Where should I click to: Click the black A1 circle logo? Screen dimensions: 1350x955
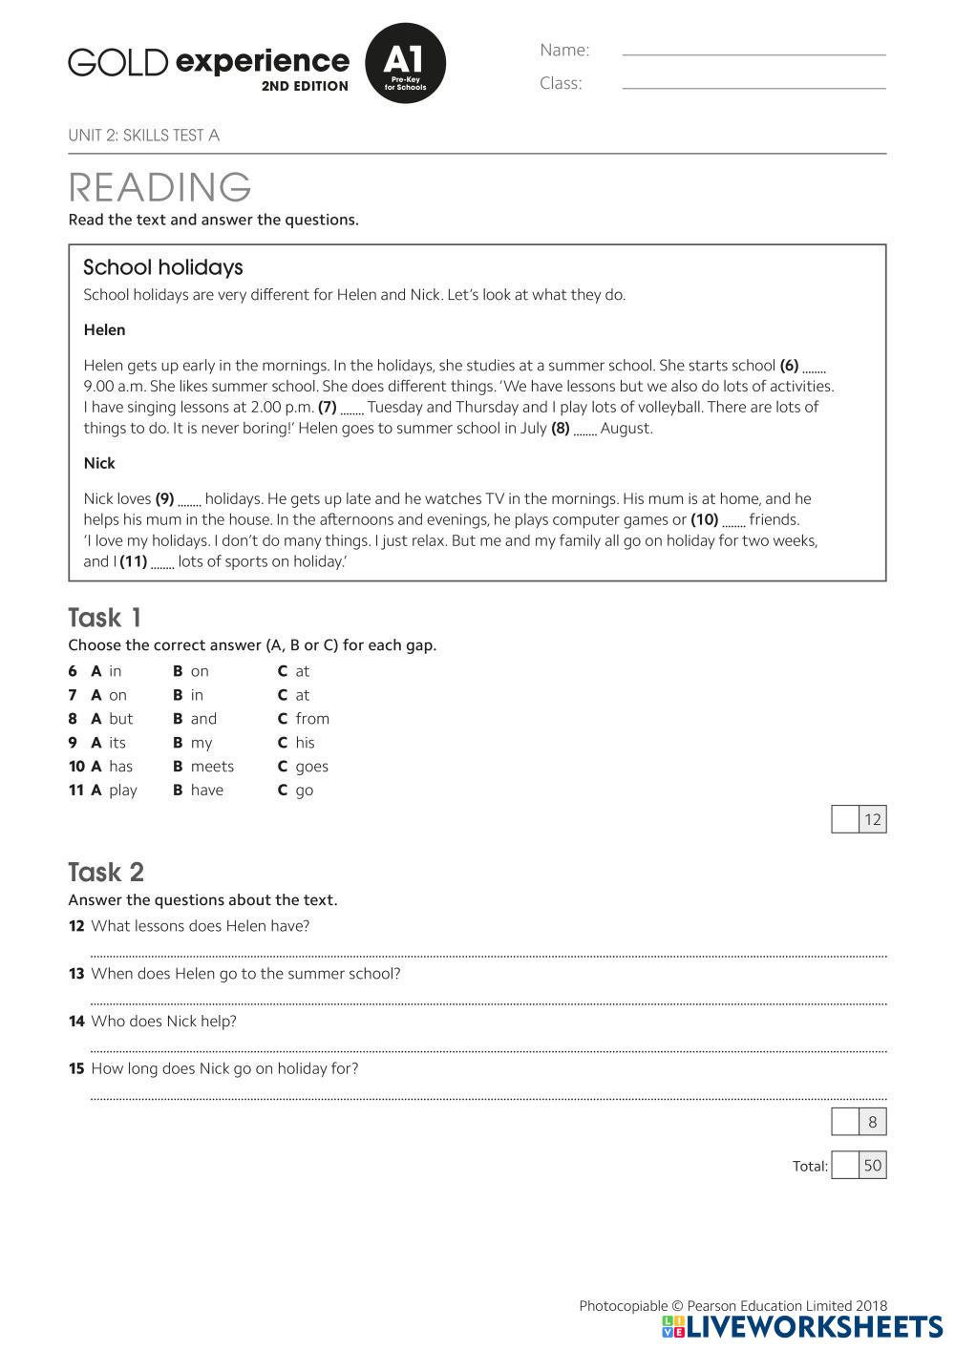(x=405, y=63)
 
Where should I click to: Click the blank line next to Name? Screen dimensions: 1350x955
(x=753, y=53)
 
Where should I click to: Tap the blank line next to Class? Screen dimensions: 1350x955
(x=753, y=87)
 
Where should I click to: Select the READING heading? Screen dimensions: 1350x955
(x=159, y=187)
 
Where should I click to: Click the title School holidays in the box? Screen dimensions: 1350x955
(x=163, y=267)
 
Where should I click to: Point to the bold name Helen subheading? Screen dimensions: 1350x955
(x=104, y=330)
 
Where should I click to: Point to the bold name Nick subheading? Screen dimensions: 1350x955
(x=99, y=463)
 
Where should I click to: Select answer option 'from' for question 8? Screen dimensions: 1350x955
(x=311, y=719)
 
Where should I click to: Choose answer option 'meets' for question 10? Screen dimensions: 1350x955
(x=211, y=767)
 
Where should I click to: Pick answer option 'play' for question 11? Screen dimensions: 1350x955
(x=122, y=791)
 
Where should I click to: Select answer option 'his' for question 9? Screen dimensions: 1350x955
(x=305, y=743)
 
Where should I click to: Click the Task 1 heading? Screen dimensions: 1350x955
(x=104, y=618)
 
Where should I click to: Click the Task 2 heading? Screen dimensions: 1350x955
(x=106, y=872)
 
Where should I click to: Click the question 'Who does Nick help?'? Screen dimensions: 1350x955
(x=163, y=1022)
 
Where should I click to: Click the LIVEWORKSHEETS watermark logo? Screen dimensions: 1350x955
(x=802, y=1327)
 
